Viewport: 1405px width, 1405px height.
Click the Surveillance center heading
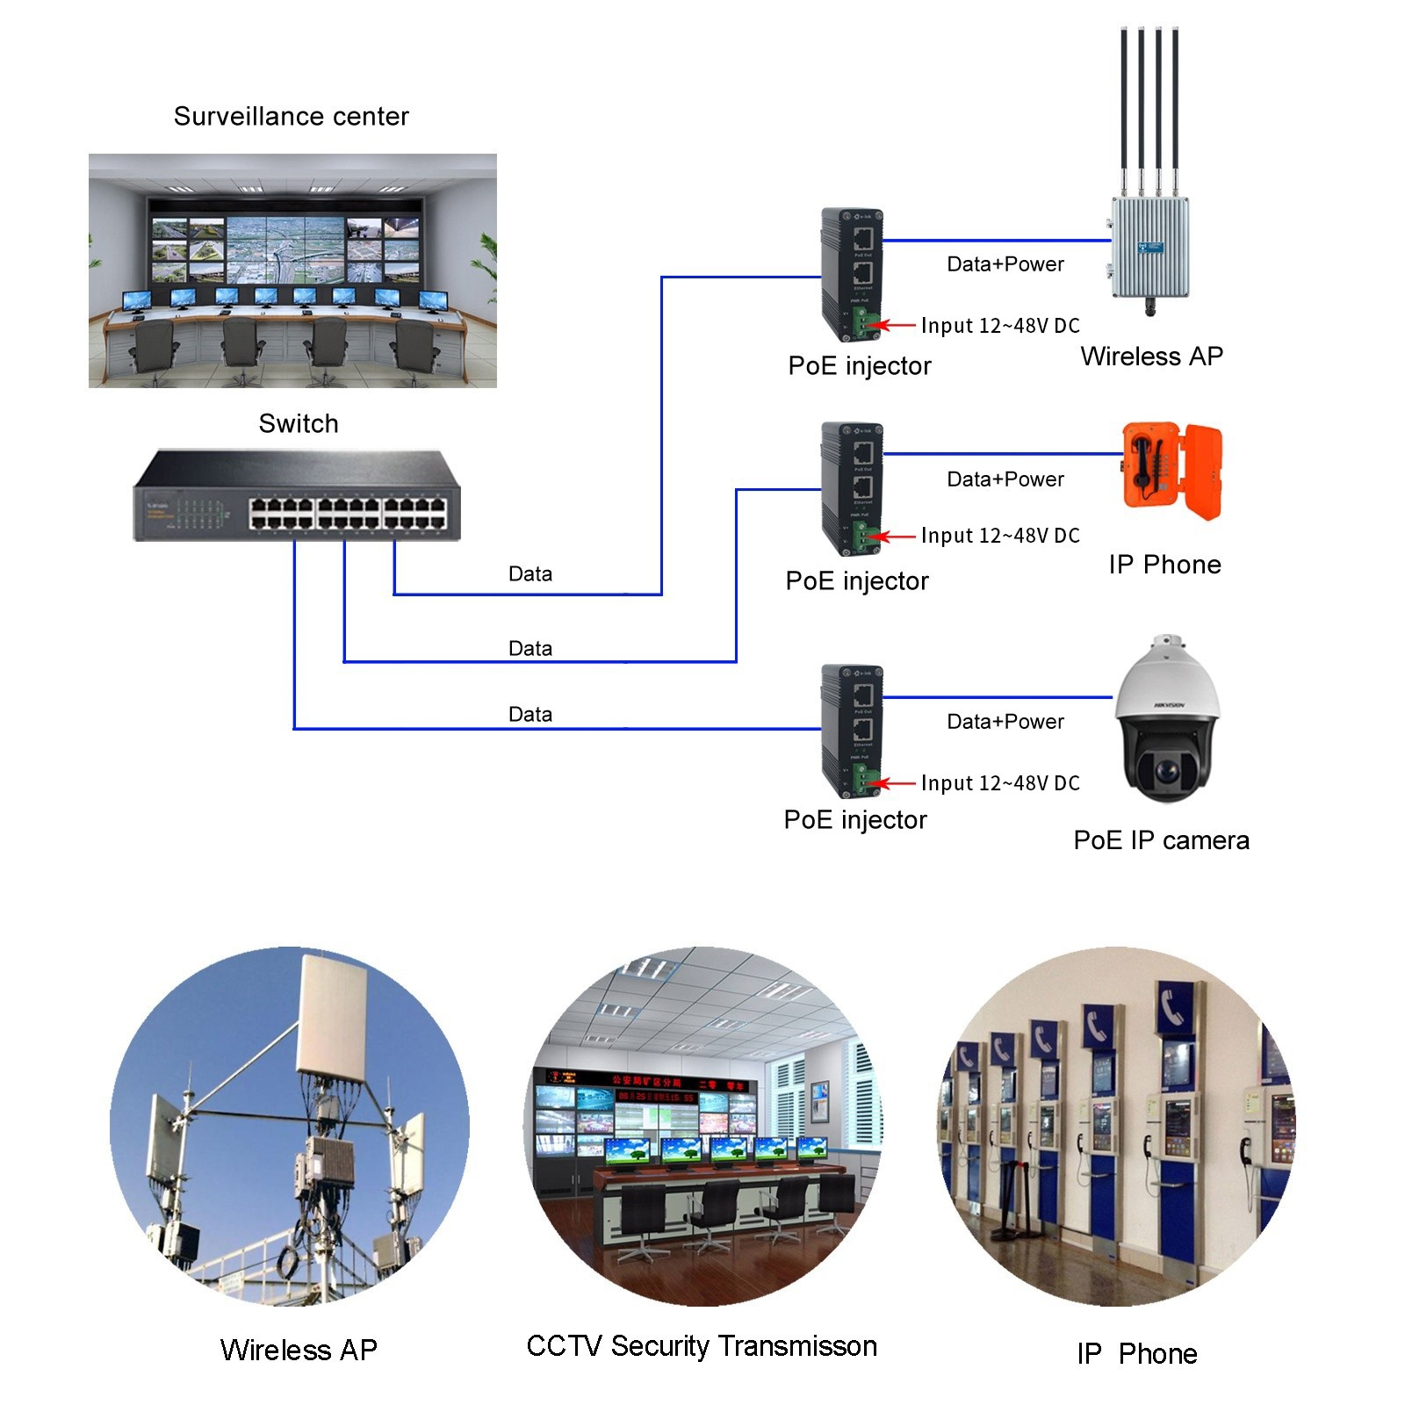click(x=291, y=117)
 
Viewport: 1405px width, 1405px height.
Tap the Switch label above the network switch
click(x=299, y=423)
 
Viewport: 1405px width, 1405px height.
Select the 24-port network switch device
click(x=297, y=496)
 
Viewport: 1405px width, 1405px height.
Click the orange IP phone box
click(x=1171, y=471)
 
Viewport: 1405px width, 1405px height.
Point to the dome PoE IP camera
click(x=1166, y=720)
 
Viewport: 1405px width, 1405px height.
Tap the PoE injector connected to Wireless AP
click(x=851, y=275)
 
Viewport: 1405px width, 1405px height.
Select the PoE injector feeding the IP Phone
click(x=851, y=488)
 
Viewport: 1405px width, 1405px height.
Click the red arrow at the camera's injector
click(x=897, y=783)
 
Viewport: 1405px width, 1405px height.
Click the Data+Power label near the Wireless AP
click(x=1005, y=264)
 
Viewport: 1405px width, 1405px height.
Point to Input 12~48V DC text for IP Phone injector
click(x=1000, y=536)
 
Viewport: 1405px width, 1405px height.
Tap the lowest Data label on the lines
click(x=530, y=715)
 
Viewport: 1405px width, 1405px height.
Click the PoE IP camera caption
click(x=1161, y=840)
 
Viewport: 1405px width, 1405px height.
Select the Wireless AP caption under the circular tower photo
click(x=299, y=1350)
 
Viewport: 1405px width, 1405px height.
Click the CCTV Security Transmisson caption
click(x=702, y=1346)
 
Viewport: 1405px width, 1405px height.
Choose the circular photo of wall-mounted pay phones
click(x=1115, y=1126)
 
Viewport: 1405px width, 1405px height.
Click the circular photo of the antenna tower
click(x=290, y=1126)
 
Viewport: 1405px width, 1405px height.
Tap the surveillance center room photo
click(x=292, y=270)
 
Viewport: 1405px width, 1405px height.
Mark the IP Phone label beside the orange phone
click(x=1164, y=565)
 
